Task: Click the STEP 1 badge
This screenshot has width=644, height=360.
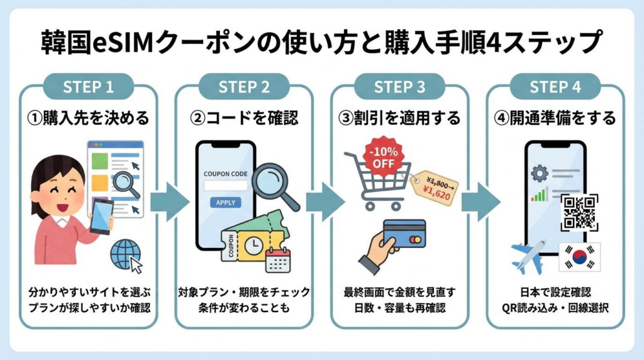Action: [88, 87]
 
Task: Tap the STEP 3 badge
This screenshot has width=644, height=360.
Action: [399, 87]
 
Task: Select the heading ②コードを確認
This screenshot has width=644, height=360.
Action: [243, 118]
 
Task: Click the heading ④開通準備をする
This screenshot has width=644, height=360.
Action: [555, 118]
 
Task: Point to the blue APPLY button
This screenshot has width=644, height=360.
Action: [225, 203]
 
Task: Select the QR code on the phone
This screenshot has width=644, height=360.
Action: [579, 211]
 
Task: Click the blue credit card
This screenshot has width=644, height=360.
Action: [404, 234]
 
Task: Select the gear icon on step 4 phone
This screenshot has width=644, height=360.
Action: [539, 173]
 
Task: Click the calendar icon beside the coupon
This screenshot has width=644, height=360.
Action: [277, 259]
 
